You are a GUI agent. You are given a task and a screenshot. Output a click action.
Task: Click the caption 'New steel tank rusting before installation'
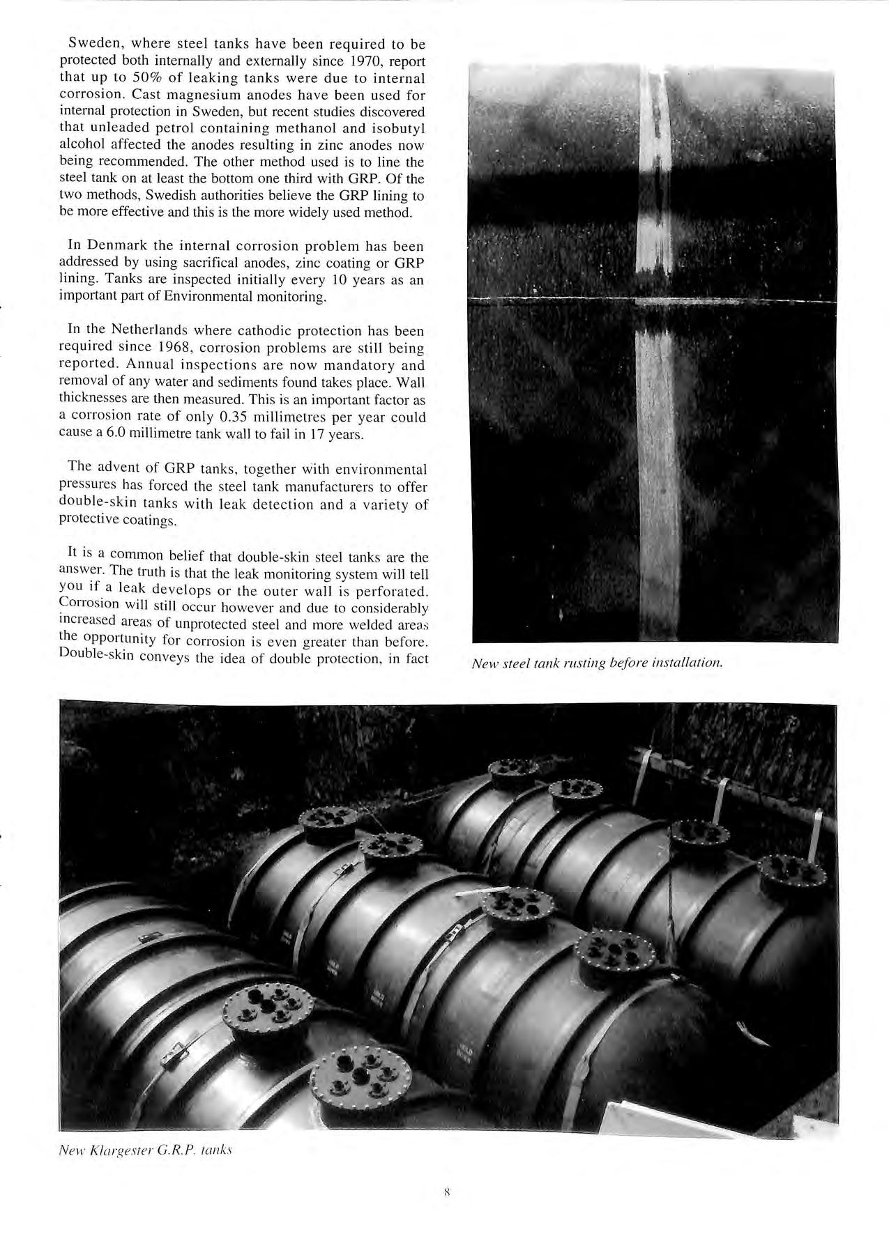click(x=598, y=663)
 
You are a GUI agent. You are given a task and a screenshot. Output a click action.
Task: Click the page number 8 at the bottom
click(x=446, y=1192)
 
